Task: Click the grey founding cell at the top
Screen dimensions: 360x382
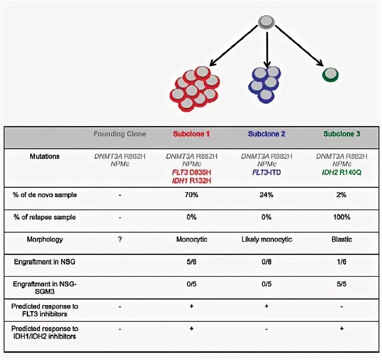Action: click(266, 22)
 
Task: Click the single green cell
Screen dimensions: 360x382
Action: click(330, 74)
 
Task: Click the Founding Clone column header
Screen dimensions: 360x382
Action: click(120, 134)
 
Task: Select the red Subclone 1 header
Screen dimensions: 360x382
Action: click(191, 134)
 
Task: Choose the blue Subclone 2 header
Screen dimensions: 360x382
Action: click(267, 134)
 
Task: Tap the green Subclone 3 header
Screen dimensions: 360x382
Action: click(342, 134)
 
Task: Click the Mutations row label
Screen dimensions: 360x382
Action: click(45, 156)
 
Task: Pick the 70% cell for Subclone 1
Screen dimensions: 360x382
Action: click(191, 195)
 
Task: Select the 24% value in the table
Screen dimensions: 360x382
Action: click(267, 195)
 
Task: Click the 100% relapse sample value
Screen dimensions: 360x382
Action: click(342, 217)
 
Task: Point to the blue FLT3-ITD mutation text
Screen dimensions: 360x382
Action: click(267, 172)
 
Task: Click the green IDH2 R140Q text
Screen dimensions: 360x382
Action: click(342, 172)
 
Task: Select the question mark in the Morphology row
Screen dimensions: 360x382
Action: click(120, 239)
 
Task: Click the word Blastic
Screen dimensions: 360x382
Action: click(342, 239)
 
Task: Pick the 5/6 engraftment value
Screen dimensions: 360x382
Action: click(191, 262)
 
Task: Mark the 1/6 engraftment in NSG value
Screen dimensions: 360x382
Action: click(342, 262)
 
